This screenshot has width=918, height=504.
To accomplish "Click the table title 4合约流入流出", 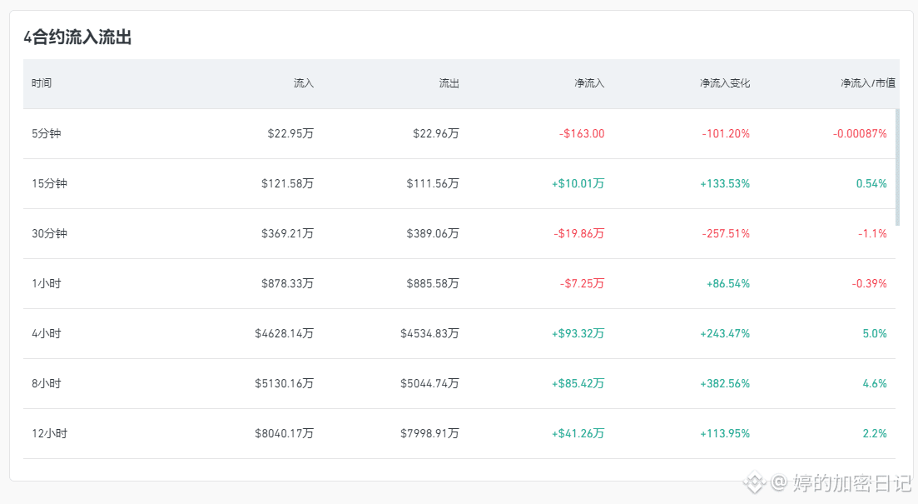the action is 77,37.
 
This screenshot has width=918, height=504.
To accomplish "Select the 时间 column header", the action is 42,83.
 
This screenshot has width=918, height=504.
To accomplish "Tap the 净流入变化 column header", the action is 725,83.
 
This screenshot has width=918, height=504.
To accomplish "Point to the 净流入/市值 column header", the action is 868,83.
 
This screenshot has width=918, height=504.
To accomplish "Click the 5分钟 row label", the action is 47,133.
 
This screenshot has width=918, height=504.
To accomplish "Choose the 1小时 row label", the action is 47,283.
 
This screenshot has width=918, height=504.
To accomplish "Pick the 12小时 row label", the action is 49,434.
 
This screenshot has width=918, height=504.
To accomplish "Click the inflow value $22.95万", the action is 290,133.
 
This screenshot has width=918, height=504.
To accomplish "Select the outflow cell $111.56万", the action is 433,183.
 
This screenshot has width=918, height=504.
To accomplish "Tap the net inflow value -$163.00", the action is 582,133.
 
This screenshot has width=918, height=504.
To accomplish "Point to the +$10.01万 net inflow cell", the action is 578,183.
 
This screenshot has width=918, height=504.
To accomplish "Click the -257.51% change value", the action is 726,234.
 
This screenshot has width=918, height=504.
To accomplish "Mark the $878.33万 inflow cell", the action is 287,283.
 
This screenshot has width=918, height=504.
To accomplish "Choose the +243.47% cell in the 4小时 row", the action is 725,333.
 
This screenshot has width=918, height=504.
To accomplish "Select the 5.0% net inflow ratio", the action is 875,333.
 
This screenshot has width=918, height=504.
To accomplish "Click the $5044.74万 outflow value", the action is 429,384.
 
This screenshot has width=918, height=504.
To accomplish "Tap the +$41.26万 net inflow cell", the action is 578,434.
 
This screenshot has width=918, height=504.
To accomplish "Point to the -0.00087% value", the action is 860,133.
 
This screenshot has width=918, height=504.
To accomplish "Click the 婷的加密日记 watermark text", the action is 852,483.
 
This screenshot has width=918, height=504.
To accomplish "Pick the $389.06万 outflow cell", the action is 433,234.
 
